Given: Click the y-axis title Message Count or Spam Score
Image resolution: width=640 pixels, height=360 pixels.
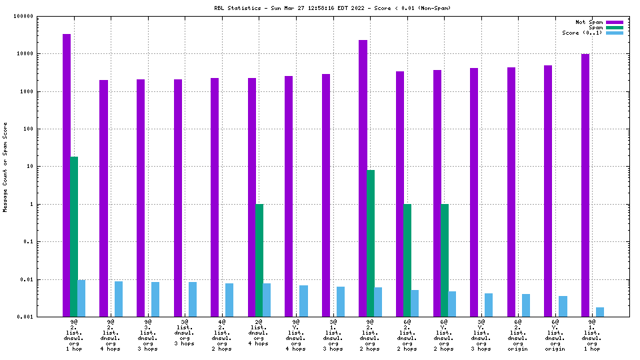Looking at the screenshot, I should (5, 167).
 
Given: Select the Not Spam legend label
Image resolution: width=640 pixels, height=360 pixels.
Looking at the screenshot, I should (589, 22).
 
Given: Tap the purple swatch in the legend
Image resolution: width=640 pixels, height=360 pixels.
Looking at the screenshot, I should (614, 22).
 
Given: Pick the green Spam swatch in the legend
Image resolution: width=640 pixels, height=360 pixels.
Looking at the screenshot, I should (614, 27).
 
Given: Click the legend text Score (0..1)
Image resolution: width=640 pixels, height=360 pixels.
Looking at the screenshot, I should (582, 33).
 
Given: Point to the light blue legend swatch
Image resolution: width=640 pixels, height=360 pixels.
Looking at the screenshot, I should (614, 33).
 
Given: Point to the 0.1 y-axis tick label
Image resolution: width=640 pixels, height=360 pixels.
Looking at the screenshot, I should (45, 242).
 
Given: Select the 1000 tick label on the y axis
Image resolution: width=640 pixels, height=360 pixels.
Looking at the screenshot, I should (43, 91).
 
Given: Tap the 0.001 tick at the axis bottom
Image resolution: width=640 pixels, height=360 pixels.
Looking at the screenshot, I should (42, 317).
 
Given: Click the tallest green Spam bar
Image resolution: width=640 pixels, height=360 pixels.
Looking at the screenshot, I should (74, 237).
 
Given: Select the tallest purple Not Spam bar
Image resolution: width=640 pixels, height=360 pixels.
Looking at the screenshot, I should (67, 175).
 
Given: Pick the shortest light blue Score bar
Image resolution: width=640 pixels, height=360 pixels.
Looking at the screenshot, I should (600, 312).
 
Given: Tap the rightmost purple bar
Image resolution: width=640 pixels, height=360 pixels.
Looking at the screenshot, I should (585, 185).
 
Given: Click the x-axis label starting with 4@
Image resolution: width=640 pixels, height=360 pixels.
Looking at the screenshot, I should (222, 335).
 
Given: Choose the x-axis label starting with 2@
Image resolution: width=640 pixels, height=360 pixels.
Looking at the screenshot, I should (259, 335).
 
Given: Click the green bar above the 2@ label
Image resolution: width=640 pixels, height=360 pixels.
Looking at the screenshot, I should (259, 260).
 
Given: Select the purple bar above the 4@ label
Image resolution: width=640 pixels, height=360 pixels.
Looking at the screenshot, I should (215, 197).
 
